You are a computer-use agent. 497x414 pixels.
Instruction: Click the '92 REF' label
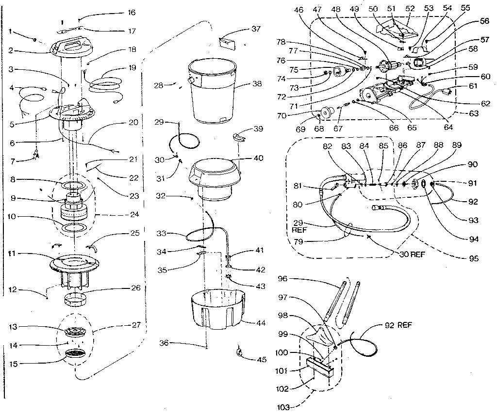point(398,324)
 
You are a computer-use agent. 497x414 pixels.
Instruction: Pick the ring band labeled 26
point(76,296)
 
